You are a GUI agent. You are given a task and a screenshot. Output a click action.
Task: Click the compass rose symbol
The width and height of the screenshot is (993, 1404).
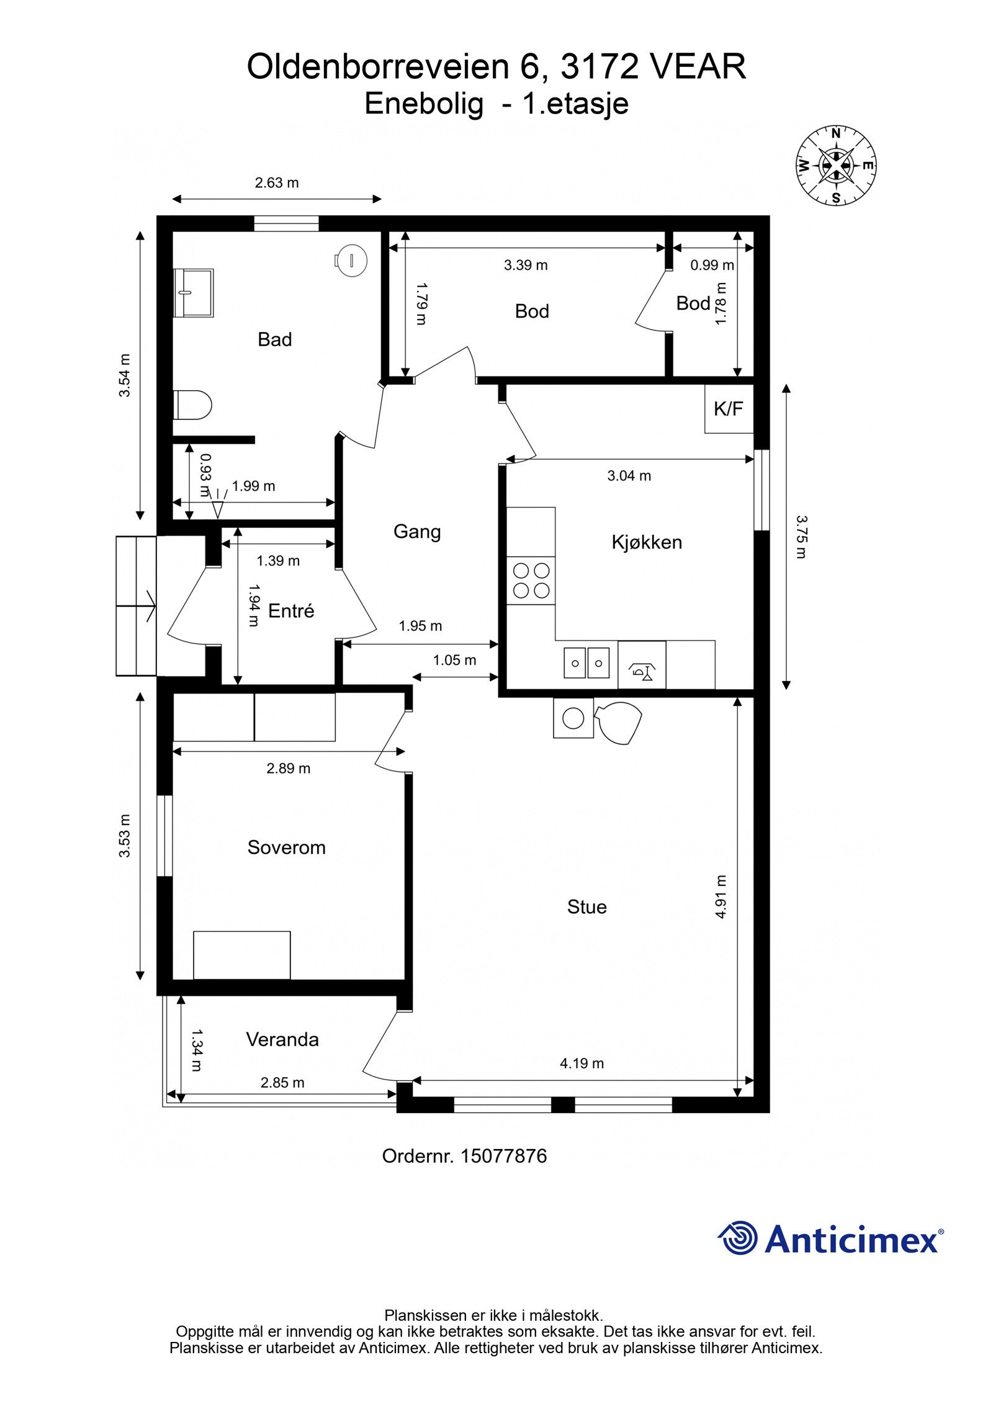pyautogui.click(x=836, y=166)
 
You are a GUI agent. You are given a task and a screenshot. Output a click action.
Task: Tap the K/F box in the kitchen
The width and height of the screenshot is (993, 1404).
pyautogui.click(x=728, y=408)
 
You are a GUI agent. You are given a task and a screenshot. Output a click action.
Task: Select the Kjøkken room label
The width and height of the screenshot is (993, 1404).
pyautogui.click(x=646, y=542)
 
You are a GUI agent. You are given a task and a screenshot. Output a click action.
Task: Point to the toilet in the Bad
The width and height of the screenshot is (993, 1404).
pyautogui.click(x=192, y=405)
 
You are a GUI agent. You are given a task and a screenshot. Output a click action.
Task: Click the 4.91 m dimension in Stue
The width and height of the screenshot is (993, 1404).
pyautogui.click(x=720, y=897)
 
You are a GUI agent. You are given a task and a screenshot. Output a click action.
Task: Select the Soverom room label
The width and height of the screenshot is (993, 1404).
pyautogui.click(x=286, y=847)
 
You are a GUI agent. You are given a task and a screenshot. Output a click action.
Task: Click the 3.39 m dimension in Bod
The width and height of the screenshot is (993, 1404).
pyautogui.click(x=526, y=265)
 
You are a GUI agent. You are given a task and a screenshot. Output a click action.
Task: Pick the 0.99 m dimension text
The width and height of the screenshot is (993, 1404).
pyautogui.click(x=712, y=265)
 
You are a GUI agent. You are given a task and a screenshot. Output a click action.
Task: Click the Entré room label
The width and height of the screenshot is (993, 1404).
pyautogui.click(x=291, y=610)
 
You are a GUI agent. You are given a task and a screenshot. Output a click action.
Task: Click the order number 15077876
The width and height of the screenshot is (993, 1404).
pyautogui.click(x=503, y=1156)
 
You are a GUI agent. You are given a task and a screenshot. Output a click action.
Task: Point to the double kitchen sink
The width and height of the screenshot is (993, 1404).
pyautogui.click(x=586, y=663)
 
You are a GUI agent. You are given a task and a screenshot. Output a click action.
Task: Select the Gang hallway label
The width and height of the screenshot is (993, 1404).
pyautogui.click(x=417, y=532)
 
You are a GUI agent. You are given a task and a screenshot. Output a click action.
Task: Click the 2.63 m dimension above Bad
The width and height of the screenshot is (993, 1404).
pyautogui.click(x=277, y=183)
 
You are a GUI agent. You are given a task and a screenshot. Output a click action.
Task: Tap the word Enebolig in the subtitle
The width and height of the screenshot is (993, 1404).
pyautogui.click(x=423, y=104)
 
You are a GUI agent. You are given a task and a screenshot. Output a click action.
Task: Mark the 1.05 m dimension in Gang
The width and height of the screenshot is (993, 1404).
pyautogui.click(x=454, y=660)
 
